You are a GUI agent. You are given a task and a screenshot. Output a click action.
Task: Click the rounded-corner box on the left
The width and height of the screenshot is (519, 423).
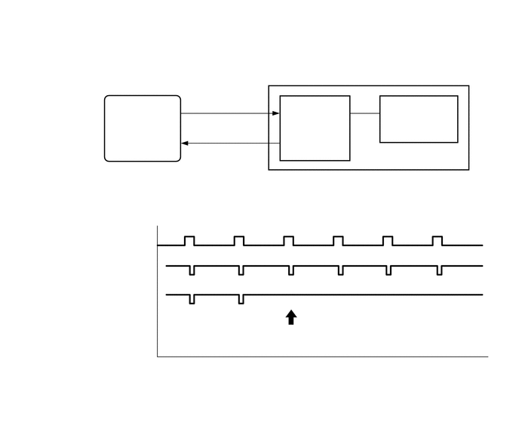[143, 128]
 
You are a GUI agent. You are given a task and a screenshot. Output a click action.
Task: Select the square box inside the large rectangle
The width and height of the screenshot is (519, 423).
[315, 128]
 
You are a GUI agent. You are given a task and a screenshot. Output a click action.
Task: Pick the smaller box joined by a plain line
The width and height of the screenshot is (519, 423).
[418, 119]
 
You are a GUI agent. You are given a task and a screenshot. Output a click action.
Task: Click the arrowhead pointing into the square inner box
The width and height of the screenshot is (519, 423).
[276, 113]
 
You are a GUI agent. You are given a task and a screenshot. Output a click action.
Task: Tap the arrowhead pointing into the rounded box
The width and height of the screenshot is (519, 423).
[185, 143]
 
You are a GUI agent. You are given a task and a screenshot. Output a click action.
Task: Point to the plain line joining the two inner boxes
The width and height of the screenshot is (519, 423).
[364, 113]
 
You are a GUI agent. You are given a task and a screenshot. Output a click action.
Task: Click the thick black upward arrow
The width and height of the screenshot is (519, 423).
[291, 317]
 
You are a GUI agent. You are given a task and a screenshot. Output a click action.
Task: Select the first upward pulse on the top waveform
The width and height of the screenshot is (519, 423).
[189, 240]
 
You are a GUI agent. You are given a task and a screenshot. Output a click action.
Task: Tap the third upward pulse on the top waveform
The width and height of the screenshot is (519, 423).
[288, 240]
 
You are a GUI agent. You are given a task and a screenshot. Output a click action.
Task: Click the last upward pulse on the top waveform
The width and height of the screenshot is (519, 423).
[437, 240]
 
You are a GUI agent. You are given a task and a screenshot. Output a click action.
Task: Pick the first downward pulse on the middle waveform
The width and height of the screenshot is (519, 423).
[192, 270]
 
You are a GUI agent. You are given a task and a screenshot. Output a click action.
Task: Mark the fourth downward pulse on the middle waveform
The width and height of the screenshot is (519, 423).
[340, 270]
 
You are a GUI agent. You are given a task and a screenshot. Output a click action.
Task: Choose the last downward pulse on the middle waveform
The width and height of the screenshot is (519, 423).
[440, 270]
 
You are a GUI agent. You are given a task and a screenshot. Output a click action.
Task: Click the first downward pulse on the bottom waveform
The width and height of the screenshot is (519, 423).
[192, 299]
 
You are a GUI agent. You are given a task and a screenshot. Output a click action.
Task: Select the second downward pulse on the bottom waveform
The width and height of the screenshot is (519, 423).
[241, 299]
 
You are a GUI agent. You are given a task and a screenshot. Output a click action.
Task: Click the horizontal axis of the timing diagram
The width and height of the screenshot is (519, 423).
[324, 356]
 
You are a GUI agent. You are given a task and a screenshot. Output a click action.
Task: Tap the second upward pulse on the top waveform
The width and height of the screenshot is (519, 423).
[239, 240]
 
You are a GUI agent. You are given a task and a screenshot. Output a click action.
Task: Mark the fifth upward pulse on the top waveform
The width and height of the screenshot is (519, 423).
[388, 240]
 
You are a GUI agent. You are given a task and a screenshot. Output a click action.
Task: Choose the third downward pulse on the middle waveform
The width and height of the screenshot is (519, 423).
[290, 270]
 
